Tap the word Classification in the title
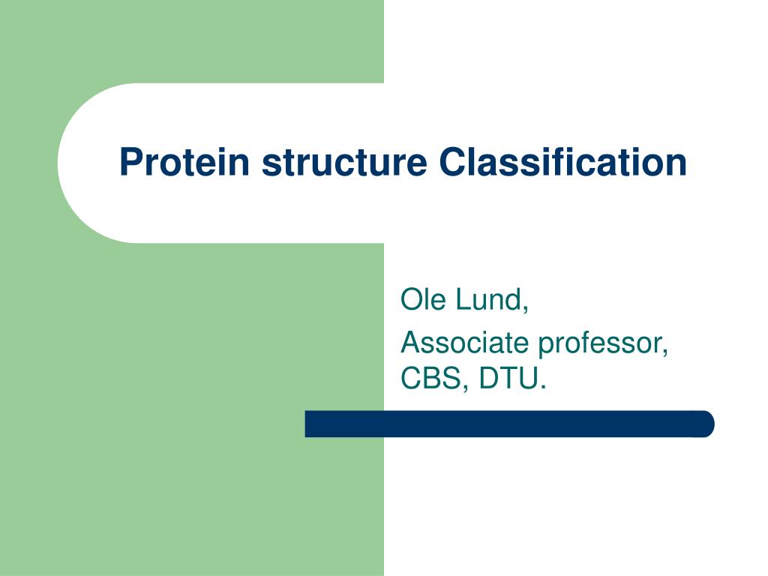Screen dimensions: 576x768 (x=563, y=162)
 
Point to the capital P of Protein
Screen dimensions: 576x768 (x=130, y=162)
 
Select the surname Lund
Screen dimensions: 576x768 (x=487, y=299)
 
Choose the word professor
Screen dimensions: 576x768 (x=600, y=344)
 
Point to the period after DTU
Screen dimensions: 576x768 (x=542, y=388)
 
